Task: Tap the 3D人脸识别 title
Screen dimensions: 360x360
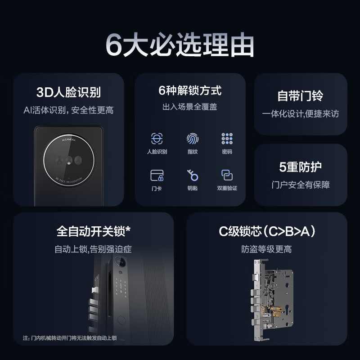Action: [x=68, y=93]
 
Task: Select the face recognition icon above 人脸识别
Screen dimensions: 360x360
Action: [x=157, y=139]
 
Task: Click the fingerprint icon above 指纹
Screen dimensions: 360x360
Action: [x=192, y=139]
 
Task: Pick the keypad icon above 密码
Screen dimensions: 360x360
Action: [x=227, y=139]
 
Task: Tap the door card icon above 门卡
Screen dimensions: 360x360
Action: [x=157, y=175]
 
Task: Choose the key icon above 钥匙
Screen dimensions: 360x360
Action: [x=192, y=175]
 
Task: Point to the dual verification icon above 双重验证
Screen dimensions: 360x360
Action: [x=227, y=175]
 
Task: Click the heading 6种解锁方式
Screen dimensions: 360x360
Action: [x=190, y=90]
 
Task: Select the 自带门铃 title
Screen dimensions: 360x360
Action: [x=300, y=96]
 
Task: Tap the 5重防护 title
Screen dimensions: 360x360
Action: [x=300, y=167]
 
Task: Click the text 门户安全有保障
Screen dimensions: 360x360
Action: [x=300, y=184]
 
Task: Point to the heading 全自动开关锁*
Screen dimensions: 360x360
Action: [x=93, y=231]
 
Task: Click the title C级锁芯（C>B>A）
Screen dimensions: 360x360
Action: [x=267, y=231]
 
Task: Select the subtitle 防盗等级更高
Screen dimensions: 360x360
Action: [x=266, y=249]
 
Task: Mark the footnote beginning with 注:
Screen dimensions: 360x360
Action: [x=70, y=338]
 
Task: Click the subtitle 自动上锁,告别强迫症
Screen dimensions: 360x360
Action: [x=93, y=249]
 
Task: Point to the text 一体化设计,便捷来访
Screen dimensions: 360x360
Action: [x=300, y=113]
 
